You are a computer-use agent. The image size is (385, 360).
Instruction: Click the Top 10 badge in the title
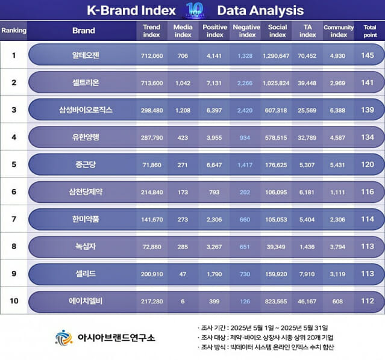[x=195, y=11]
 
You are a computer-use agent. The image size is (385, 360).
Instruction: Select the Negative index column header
[x=246, y=31]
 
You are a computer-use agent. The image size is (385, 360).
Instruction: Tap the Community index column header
[x=339, y=31]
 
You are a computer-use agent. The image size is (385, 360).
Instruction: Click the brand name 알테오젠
[x=86, y=55]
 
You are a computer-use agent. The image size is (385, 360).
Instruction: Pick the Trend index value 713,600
[x=152, y=83]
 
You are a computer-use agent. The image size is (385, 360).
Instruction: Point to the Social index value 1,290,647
[x=276, y=56]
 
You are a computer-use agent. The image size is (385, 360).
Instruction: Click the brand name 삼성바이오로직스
[x=86, y=110]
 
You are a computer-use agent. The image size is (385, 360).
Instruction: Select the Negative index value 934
[x=245, y=138]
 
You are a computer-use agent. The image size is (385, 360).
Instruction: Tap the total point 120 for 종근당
[x=368, y=164]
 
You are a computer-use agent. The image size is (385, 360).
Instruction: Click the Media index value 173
[x=183, y=193]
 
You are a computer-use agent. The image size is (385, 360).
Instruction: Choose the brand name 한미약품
[x=86, y=219]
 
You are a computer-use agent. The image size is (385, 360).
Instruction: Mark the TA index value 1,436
[x=307, y=247]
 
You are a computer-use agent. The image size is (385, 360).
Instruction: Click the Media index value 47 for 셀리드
[x=183, y=274]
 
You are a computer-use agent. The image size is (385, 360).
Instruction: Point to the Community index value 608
[x=337, y=302]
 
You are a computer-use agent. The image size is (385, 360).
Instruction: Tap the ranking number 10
[x=14, y=301]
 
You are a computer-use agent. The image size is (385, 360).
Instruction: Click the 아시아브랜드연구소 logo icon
[x=64, y=338]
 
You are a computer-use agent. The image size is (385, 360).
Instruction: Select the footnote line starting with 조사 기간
[x=263, y=328]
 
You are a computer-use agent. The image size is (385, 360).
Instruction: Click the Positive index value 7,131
[x=214, y=83]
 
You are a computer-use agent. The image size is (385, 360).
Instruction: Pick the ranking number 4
[x=14, y=137]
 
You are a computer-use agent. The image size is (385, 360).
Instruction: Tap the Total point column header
[x=370, y=31]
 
